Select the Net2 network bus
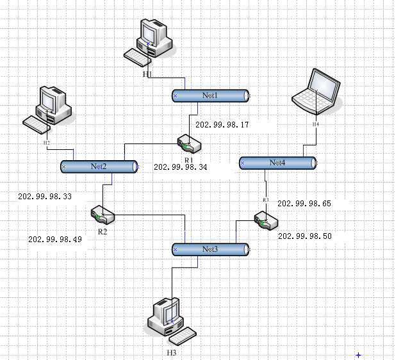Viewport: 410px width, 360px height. click(x=99, y=167)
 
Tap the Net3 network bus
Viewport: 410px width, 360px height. click(x=211, y=249)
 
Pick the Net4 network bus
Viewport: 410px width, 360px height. click(x=278, y=163)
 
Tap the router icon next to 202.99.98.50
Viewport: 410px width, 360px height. click(x=265, y=221)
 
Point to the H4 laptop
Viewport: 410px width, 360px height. click(x=316, y=92)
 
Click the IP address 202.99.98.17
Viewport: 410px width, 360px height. click(x=222, y=126)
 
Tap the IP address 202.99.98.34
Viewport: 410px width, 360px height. click(x=181, y=167)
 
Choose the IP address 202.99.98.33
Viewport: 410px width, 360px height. click(x=45, y=197)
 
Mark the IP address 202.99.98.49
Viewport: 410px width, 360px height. click(x=55, y=238)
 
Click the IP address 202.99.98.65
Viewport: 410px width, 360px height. click(x=304, y=203)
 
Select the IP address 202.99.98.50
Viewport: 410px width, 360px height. click(x=305, y=236)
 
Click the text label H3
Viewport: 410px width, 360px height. click(x=171, y=353)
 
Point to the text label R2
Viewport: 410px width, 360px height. click(x=102, y=231)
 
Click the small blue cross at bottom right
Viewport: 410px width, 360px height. click(x=359, y=354)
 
